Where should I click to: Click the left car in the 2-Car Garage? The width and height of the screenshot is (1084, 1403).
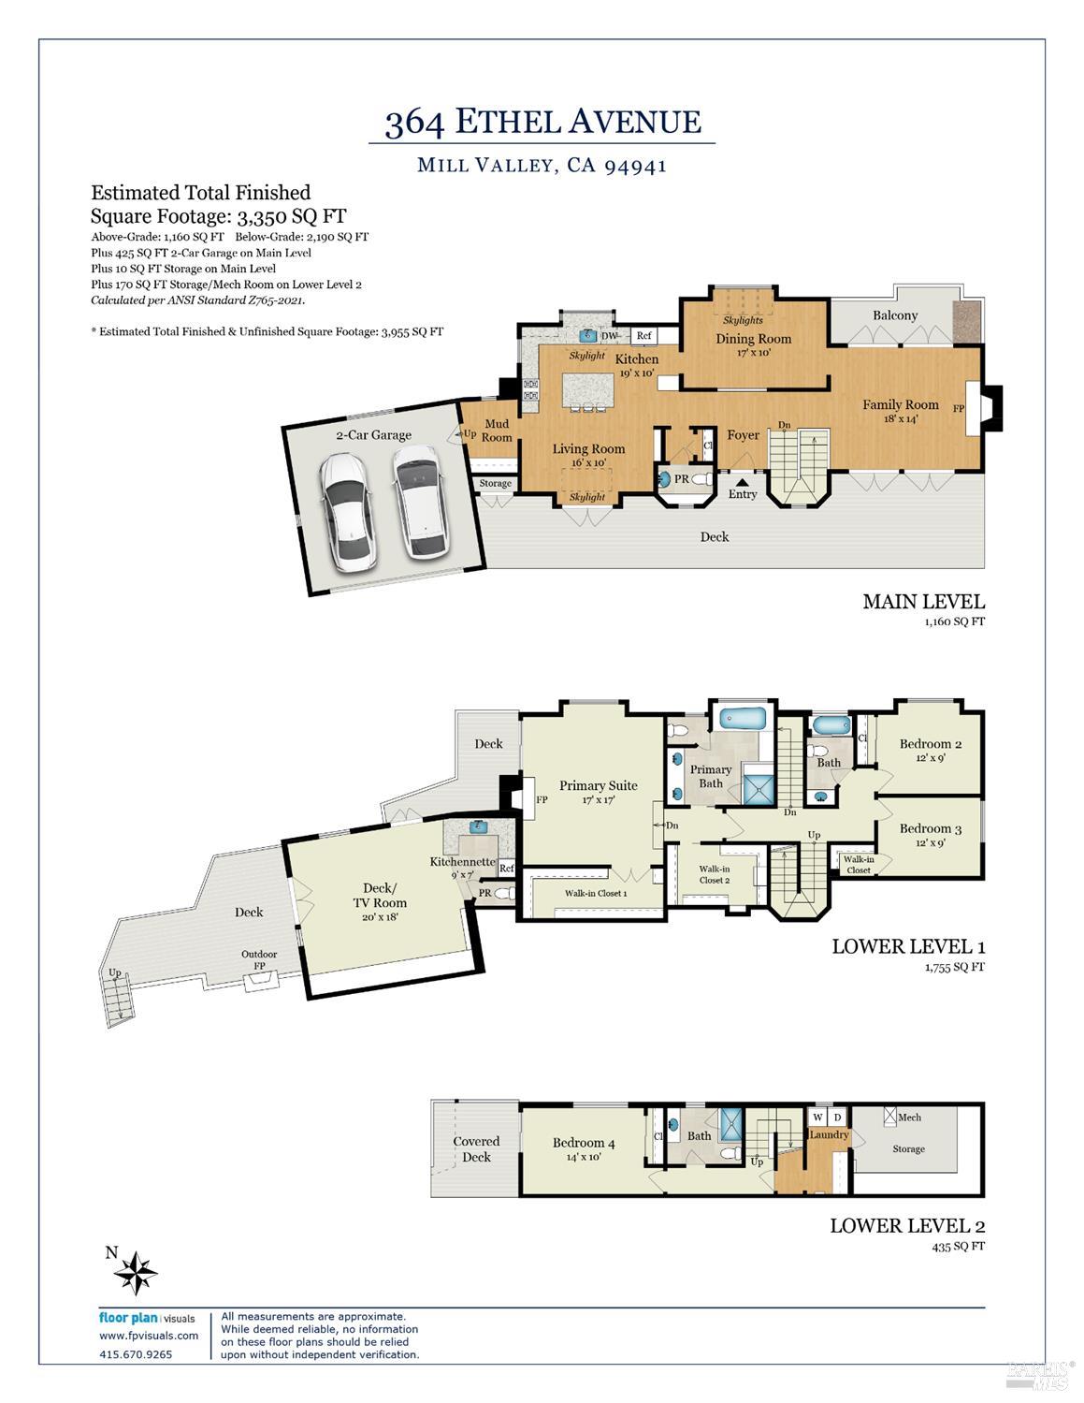click(x=346, y=512)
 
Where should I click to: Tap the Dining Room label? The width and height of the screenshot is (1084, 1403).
click(x=753, y=338)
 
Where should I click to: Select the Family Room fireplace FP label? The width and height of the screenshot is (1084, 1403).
click(x=958, y=408)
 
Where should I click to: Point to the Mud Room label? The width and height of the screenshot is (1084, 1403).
click(x=497, y=431)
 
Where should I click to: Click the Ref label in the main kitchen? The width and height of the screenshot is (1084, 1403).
click(x=643, y=335)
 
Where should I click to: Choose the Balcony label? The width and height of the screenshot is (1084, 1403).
click(x=895, y=315)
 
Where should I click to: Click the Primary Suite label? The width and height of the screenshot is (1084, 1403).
click(x=599, y=785)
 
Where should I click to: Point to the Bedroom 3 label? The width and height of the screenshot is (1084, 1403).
click(x=931, y=828)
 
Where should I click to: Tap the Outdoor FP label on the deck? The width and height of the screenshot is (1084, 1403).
click(x=259, y=959)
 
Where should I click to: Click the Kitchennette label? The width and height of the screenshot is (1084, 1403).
click(x=462, y=861)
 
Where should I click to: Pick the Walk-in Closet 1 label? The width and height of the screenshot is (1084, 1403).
click(x=596, y=893)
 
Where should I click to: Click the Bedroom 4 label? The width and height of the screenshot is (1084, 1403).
click(x=584, y=1143)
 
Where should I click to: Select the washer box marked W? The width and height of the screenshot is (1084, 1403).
click(x=817, y=1117)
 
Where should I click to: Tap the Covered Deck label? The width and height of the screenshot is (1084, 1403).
click(x=476, y=1148)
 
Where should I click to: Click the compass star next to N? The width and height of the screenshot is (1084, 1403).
click(x=136, y=1273)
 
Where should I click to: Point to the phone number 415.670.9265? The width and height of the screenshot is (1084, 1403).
click(x=136, y=1354)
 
